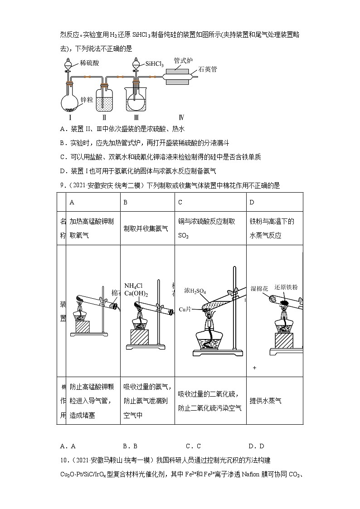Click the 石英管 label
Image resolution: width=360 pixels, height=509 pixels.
click(208, 69)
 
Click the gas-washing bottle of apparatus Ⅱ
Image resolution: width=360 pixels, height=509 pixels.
click(104, 101)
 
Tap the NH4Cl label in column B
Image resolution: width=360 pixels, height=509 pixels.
click(133, 286)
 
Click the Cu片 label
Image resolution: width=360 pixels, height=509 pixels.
click(185, 310)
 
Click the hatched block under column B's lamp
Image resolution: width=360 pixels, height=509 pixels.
click(140, 338)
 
